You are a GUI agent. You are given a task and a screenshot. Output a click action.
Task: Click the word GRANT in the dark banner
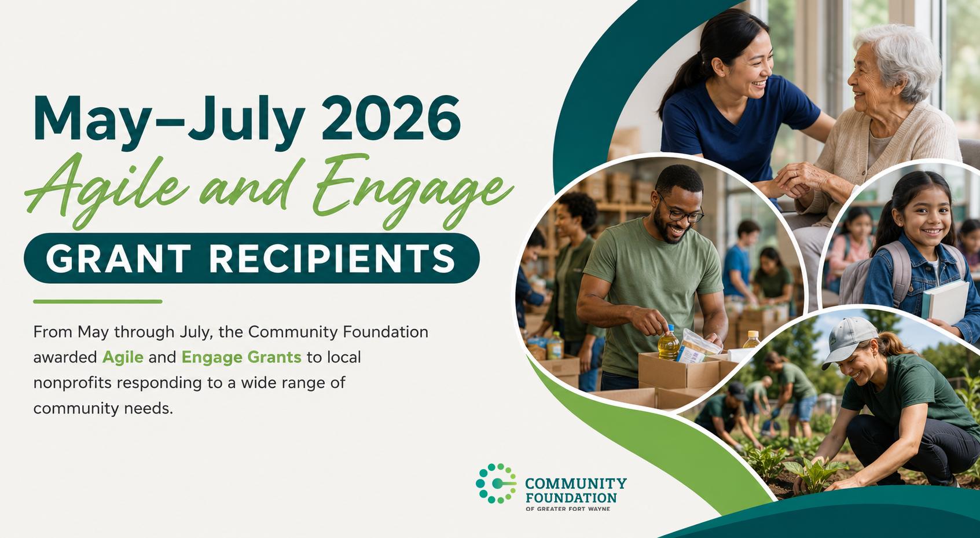click(x=119, y=258)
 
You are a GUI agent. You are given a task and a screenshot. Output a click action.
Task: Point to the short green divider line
click(x=98, y=301)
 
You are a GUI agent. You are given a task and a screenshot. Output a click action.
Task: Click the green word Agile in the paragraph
click(x=123, y=358)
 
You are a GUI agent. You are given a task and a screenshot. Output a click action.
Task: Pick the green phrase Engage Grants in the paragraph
click(x=241, y=358)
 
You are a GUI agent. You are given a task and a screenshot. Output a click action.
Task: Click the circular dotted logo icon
click(x=495, y=484)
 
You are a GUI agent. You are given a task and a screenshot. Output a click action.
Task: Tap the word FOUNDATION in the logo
click(x=571, y=497)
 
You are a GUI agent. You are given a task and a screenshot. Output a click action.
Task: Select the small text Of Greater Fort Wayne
click(x=567, y=509)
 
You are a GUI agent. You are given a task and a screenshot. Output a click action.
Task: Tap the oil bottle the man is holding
click(x=669, y=343)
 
